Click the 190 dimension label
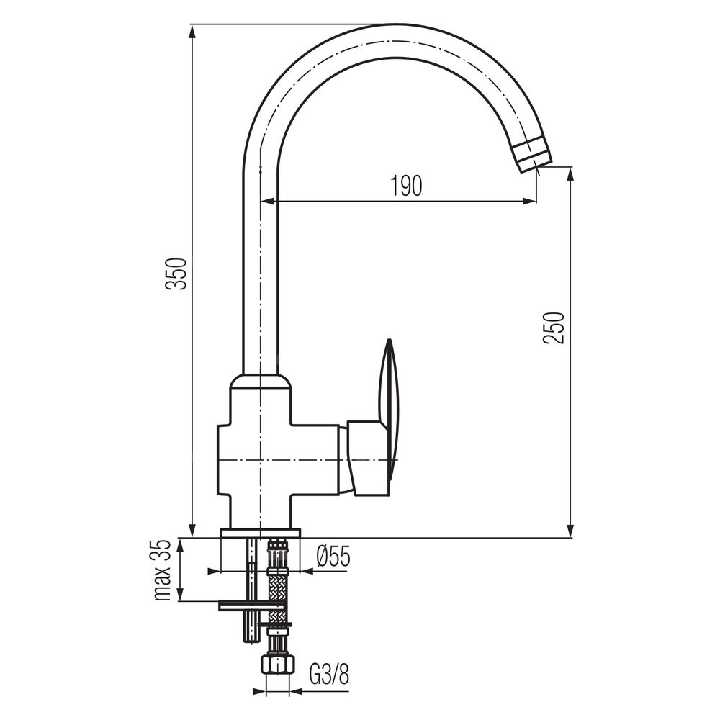pos(406,186)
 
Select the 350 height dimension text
pos(177,274)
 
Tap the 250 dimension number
pos(553,328)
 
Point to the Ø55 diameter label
pos(333,557)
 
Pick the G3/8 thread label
pos(329,675)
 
